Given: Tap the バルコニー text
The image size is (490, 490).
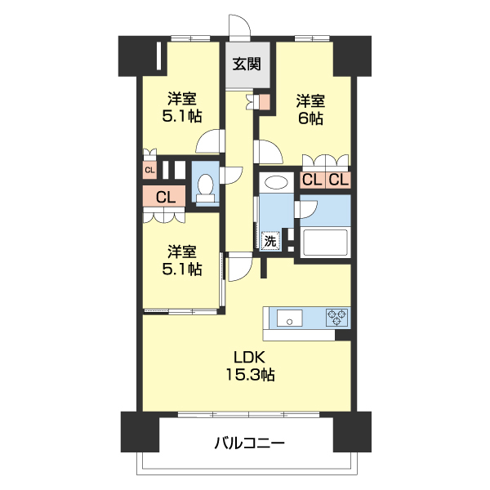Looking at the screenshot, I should pos(249,444).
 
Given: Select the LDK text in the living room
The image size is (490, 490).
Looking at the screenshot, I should pos(250,357).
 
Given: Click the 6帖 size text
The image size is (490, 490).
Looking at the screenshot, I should pos(310,119).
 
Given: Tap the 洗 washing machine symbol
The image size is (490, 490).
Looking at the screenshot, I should pos(269,241).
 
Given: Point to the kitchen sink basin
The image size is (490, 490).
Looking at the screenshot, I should pos(290,317).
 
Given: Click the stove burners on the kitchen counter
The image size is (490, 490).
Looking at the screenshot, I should pos(337,317).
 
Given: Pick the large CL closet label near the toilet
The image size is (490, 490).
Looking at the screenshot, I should pos(166,197).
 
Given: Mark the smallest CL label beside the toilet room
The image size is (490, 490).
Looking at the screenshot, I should pos(149,170).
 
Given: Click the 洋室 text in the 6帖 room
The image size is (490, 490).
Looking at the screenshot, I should pos(310,101).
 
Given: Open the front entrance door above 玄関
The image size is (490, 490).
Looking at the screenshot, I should pos(238,28).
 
